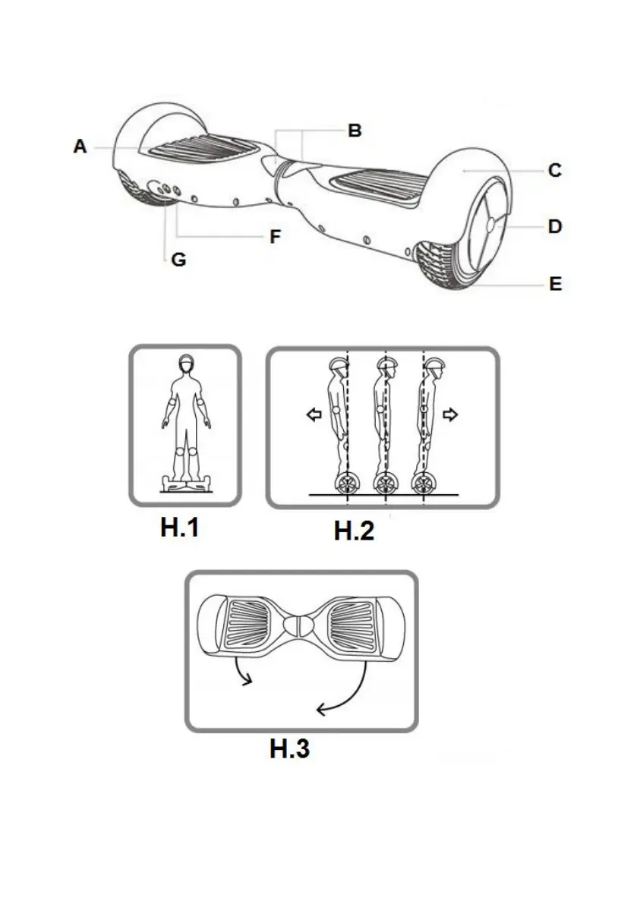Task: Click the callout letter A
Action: click(x=80, y=146)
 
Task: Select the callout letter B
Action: click(x=355, y=131)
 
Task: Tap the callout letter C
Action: click(x=554, y=170)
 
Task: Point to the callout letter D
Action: click(x=554, y=226)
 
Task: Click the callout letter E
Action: click(x=555, y=284)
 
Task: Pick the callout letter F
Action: click(x=276, y=236)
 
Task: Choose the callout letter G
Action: click(x=178, y=260)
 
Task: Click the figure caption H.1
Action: click(x=179, y=527)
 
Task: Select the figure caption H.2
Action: click(x=354, y=531)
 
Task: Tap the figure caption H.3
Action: click(x=289, y=748)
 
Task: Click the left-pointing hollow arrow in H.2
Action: click(x=314, y=414)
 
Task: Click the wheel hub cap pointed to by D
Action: click(x=491, y=225)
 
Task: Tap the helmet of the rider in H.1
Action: click(x=186, y=361)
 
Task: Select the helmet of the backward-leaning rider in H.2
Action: click(x=339, y=364)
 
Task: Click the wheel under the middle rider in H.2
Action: click(x=385, y=483)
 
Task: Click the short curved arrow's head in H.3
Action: click(x=248, y=680)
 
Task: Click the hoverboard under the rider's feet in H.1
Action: click(x=185, y=483)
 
